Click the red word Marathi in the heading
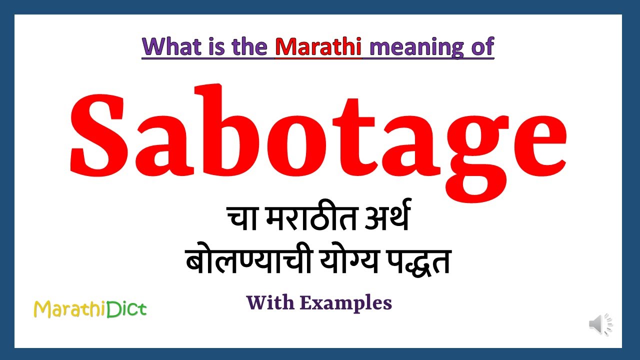[x=318, y=46]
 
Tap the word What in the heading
[x=173, y=46]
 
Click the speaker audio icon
[x=600, y=324]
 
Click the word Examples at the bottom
[x=357, y=303]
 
